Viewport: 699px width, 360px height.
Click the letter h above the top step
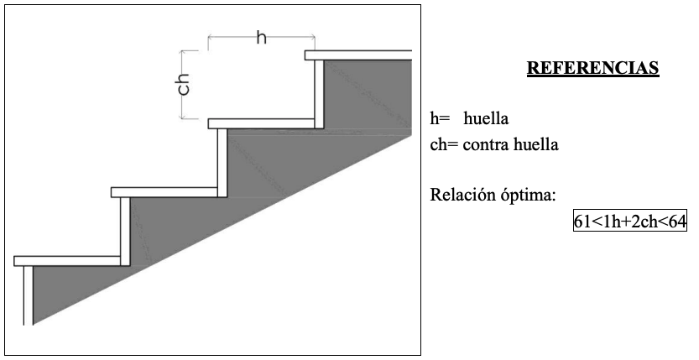pyautogui.click(x=261, y=39)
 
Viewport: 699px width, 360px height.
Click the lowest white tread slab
pyautogui.click(x=67, y=261)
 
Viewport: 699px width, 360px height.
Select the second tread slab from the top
pyautogui.click(x=263, y=123)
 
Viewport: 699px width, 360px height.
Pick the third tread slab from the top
pyautogui.click(x=164, y=192)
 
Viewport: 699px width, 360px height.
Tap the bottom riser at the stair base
pyautogui.click(x=29, y=295)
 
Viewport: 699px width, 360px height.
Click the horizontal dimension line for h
pyautogui.click(x=261, y=36)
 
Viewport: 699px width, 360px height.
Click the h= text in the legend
pyautogui.click(x=440, y=118)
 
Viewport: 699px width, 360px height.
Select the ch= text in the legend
pyautogui.click(x=443, y=144)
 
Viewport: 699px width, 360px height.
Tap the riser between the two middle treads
pyautogui.click(x=222, y=162)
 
